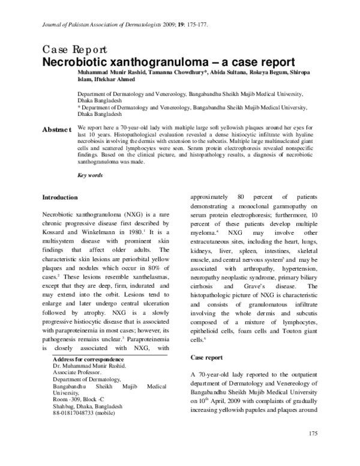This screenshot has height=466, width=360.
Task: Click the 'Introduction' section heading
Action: (59, 197)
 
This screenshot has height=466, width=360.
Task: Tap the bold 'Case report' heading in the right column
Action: (206, 357)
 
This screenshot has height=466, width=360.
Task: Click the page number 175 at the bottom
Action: (313, 450)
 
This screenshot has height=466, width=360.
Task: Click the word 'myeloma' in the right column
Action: (203, 231)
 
